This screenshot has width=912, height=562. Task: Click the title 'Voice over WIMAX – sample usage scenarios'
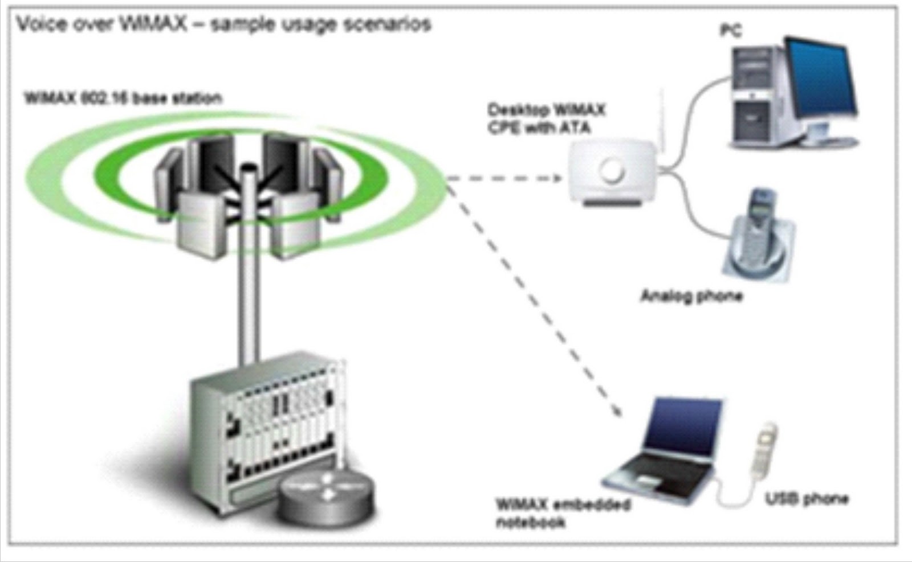coord(223,25)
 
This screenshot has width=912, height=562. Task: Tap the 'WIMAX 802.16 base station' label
coord(123,99)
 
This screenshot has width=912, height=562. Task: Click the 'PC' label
coord(731,29)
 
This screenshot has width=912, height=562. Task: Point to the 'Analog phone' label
coord(691,296)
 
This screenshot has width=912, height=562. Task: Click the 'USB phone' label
coord(807,499)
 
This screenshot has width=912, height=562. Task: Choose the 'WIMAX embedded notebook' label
coord(562,512)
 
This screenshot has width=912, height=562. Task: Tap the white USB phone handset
coord(764,450)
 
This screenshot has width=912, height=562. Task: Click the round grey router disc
coord(326,495)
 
